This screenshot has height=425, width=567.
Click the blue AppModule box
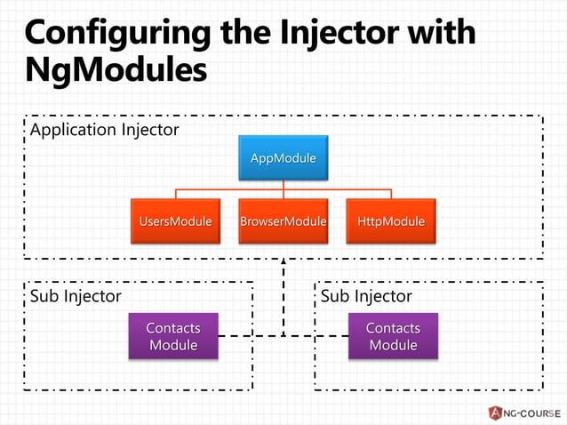click(x=283, y=158)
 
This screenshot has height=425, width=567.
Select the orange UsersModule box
click(x=174, y=221)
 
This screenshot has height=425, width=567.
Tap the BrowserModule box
click(x=283, y=221)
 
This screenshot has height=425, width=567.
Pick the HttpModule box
click(x=391, y=221)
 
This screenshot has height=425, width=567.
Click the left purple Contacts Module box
click(x=173, y=336)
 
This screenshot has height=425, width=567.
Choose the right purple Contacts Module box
click(x=393, y=336)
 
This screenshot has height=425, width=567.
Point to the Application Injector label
click(x=105, y=131)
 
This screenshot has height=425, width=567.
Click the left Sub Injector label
click(x=76, y=296)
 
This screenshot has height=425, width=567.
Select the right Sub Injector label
click(x=366, y=296)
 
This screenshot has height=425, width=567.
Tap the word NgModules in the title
click(x=116, y=71)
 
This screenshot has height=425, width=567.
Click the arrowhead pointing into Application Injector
click(x=283, y=262)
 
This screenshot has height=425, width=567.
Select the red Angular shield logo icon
click(x=495, y=412)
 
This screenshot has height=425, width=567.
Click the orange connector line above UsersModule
click(x=175, y=194)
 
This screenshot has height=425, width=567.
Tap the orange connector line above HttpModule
click(x=391, y=194)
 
